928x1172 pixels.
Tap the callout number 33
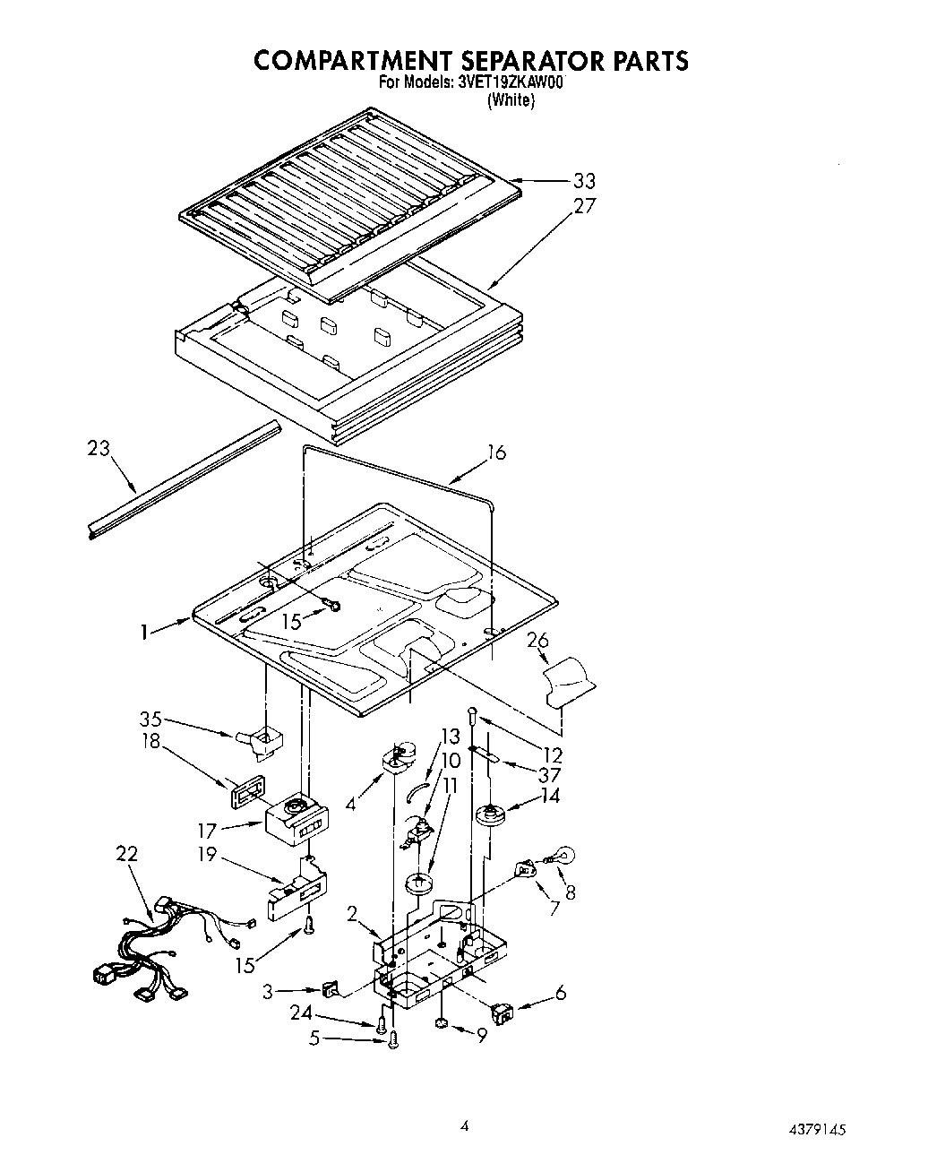[584, 182]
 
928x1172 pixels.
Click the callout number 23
[99, 448]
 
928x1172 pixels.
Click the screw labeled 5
[394, 1038]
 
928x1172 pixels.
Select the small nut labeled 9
[442, 1022]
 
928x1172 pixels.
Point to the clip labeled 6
[503, 1013]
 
